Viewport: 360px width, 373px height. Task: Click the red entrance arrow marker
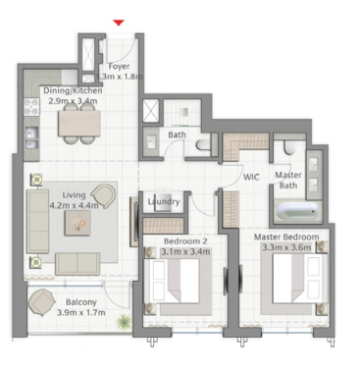pyautogui.click(x=119, y=23)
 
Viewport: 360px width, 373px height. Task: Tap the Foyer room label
pyautogui.click(x=119, y=67)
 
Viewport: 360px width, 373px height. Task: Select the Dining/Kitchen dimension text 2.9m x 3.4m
pyautogui.click(x=73, y=101)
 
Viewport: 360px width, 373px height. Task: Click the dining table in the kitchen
pyautogui.click(x=79, y=123)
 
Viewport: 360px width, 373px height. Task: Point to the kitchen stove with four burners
pyautogui.click(x=31, y=107)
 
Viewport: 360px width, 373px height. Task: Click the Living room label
pyautogui.click(x=74, y=195)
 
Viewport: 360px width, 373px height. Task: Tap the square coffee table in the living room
pyautogui.click(x=77, y=223)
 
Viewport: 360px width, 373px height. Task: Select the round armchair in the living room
pyautogui.click(x=104, y=195)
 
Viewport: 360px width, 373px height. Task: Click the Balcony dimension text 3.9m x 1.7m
pyautogui.click(x=81, y=312)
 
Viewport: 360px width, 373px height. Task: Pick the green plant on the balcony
pyautogui.click(x=124, y=321)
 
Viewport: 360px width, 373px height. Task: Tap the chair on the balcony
pyautogui.click(x=41, y=302)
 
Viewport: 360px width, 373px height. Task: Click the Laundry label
pyautogui.click(x=164, y=201)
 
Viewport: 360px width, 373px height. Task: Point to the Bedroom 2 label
pyautogui.click(x=185, y=241)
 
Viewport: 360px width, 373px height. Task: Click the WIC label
pyautogui.click(x=251, y=177)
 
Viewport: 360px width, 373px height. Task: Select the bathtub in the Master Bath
pyautogui.click(x=297, y=211)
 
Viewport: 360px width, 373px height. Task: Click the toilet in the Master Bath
pyautogui.click(x=289, y=147)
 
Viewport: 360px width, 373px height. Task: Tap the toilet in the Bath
pyautogui.click(x=204, y=144)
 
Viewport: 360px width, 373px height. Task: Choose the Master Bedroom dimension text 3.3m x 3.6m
pyautogui.click(x=286, y=247)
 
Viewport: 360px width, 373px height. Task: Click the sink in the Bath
pyautogui.click(x=150, y=142)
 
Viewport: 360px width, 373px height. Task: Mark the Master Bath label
pyautogui.click(x=288, y=181)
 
